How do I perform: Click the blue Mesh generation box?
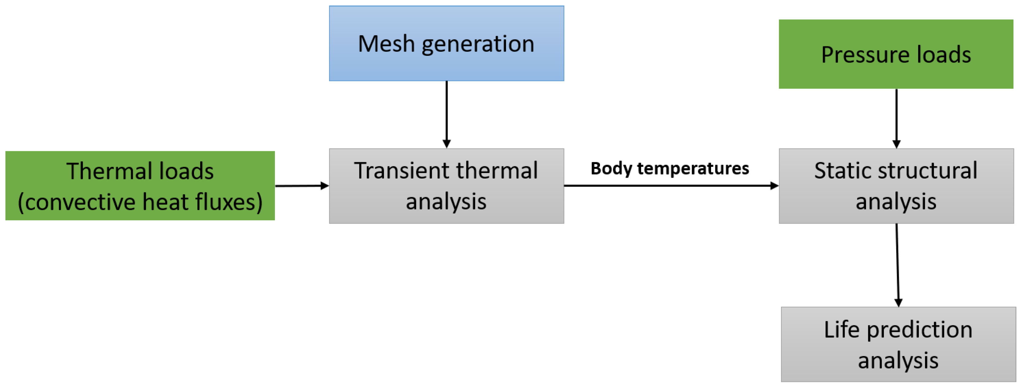coord(446,44)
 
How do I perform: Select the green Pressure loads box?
coord(896,54)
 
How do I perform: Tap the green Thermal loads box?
coord(140,186)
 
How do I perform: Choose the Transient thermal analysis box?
coord(446,186)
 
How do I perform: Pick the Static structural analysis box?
coord(896,186)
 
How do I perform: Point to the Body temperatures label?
coord(669,168)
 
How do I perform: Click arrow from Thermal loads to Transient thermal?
coord(301,186)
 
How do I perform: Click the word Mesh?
coord(386,44)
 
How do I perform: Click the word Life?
coord(841,330)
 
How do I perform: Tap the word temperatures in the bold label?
coord(693,168)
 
